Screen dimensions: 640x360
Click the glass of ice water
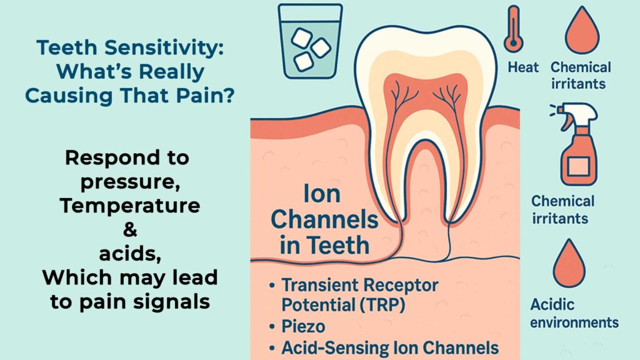[310, 41]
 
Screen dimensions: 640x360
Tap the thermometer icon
[514, 29]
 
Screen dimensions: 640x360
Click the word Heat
[523, 67]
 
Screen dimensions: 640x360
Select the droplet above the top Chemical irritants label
[582, 31]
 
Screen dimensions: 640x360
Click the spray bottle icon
[576, 144]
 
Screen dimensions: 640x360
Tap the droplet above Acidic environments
[569, 264]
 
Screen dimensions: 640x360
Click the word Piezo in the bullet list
[303, 326]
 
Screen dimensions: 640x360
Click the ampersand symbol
[130, 229]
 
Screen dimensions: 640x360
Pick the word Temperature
[130, 205]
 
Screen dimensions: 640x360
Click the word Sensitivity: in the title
[164, 47]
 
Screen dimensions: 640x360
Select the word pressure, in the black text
[130, 182]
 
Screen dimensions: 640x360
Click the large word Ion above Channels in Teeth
[322, 194]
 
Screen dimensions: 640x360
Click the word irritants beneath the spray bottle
[560, 218]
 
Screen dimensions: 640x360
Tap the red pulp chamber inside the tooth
[425, 98]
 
